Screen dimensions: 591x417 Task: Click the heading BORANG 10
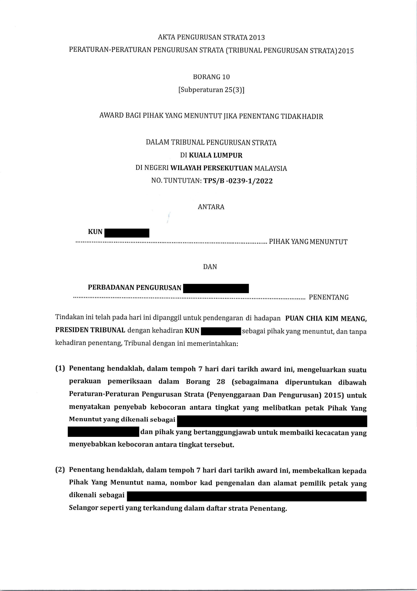point(211,77)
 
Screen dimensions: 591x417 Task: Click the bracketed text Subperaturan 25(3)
point(211,90)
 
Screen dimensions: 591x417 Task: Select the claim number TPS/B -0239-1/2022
point(238,181)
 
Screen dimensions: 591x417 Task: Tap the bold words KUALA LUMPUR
point(216,155)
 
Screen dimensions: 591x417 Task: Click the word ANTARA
point(211,207)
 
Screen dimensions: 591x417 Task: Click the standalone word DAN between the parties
point(210,267)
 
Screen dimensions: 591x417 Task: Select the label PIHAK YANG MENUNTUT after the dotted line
point(308,242)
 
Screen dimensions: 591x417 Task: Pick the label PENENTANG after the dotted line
point(329,297)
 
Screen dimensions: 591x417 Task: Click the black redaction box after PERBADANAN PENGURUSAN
point(216,288)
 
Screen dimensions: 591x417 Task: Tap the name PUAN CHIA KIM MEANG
point(326,318)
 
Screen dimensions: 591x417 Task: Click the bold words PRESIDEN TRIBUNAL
point(90,330)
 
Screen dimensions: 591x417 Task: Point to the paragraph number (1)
point(60,369)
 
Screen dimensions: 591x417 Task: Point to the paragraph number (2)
point(60,470)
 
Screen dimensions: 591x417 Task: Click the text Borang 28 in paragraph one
point(205,382)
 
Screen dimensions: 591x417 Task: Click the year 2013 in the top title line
point(256,38)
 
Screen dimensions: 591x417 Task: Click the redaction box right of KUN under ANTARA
point(127,233)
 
